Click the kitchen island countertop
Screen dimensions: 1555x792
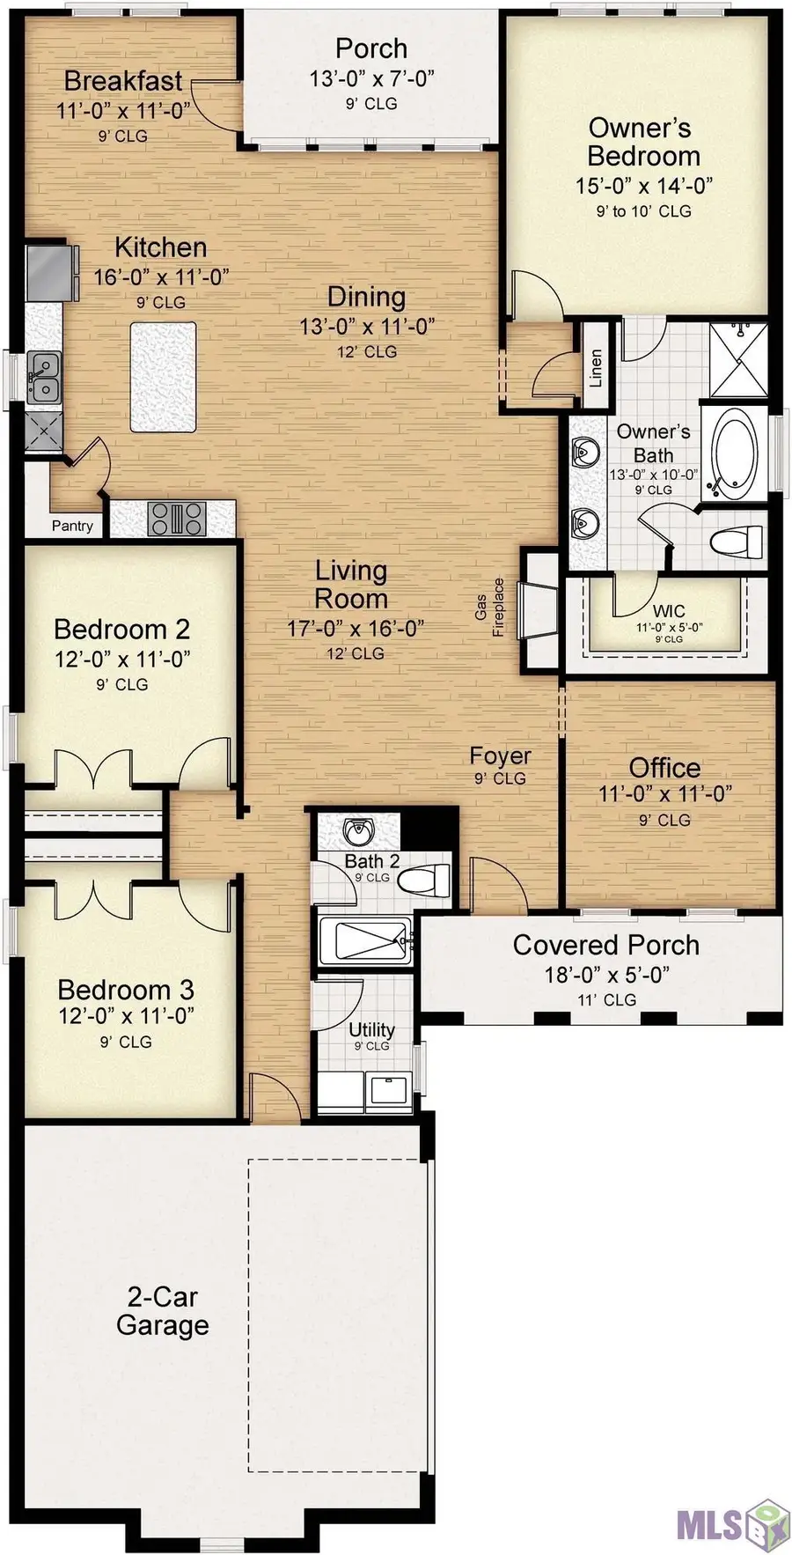[163, 377]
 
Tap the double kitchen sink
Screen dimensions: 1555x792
[42, 378]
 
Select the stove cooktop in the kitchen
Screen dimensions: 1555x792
[176, 518]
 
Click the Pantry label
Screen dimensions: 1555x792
[72, 526]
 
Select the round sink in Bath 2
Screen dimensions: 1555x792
[359, 830]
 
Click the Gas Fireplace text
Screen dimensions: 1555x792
[490, 607]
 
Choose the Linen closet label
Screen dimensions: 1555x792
[596, 367]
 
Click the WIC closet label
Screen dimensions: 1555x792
[669, 611]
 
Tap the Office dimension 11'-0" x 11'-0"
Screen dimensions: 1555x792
[664, 793]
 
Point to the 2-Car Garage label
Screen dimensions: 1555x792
[163, 1310]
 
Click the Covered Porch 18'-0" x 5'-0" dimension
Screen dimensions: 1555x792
[606, 974]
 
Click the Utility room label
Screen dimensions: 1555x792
[371, 1029]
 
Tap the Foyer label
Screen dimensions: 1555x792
[500, 755]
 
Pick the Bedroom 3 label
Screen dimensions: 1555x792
[126, 989]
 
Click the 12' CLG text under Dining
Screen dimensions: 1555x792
[368, 351]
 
